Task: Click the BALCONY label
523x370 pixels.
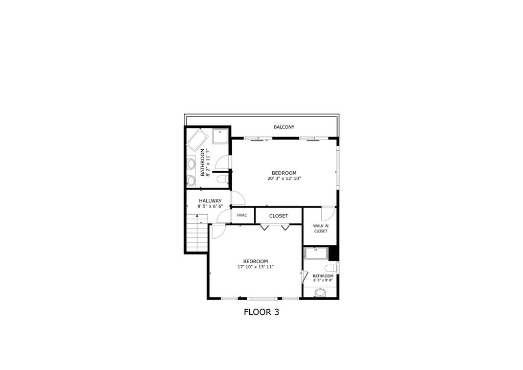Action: (284, 127)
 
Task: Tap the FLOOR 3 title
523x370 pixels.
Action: (261, 311)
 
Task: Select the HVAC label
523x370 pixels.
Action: (242, 215)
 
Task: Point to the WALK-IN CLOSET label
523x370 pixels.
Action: (321, 228)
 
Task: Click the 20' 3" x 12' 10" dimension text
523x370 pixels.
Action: (284, 179)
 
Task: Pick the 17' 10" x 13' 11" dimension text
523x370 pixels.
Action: (255, 267)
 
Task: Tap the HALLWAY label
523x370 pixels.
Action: (210, 201)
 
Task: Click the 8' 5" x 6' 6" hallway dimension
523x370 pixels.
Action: (210, 206)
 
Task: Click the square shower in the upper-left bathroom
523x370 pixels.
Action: (221, 137)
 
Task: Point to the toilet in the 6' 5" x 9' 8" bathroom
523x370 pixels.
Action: (331, 268)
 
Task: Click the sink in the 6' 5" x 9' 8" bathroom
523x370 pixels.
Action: (320, 293)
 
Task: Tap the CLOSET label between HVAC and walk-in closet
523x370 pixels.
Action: (278, 216)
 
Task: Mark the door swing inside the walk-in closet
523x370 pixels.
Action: (327, 214)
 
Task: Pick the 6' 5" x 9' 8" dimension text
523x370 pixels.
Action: (323, 280)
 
